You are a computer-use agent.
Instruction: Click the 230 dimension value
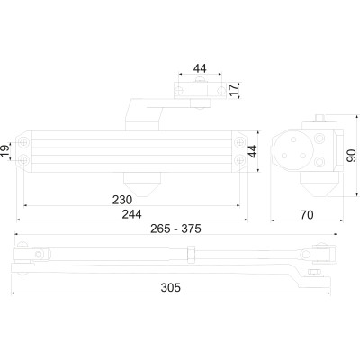pos(122,200)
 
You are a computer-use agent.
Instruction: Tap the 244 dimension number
pos(131,214)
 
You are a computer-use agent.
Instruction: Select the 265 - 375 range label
pos(175,229)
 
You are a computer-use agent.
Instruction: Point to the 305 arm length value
pos(171,287)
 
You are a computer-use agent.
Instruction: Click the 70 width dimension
pos(307,215)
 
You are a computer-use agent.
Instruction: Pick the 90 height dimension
pos(351,156)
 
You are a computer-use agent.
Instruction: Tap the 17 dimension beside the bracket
pos(234,90)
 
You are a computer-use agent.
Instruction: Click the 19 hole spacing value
pos(5,151)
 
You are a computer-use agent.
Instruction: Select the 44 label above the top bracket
pos(200,68)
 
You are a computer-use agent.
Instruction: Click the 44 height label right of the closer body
pos(253,151)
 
